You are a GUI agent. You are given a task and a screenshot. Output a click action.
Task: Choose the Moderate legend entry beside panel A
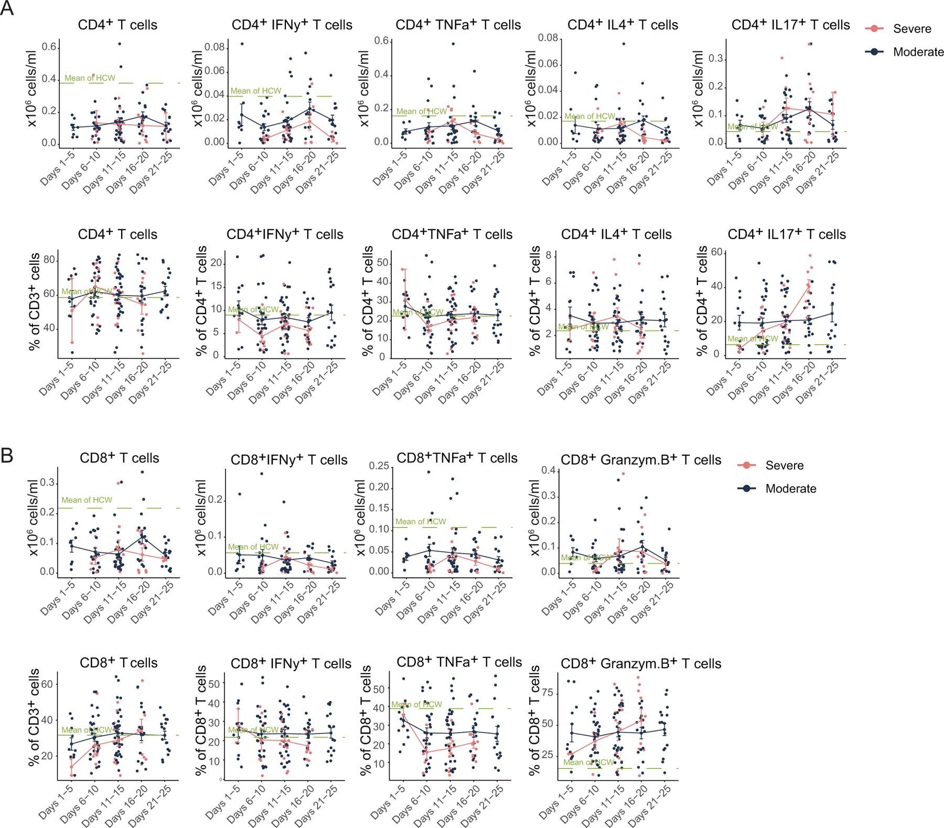pos(918,52)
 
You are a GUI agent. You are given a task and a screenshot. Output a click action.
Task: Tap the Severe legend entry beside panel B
pos(784,465)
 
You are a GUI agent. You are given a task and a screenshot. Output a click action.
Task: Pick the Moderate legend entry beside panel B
pos(790,489)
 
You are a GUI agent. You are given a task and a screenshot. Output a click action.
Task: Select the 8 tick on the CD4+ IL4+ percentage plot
pos(548,255)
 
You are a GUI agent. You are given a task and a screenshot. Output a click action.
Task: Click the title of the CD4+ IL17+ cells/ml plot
pos(790,25)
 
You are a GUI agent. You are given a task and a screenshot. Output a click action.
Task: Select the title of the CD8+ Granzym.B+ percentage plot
pos(641,663)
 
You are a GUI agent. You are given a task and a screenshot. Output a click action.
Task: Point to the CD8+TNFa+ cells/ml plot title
pos(457,458)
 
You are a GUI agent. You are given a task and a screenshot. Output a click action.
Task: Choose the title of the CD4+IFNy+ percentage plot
pos(285,234)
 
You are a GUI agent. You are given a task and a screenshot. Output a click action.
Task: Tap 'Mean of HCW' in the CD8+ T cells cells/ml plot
pos(87,500)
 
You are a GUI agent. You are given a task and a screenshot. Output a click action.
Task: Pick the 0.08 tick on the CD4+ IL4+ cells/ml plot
pos(548,38)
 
